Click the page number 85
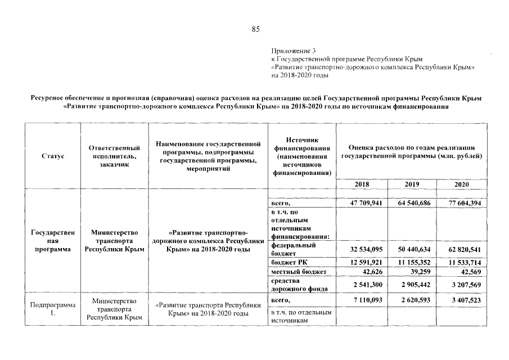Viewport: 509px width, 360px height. tap(255, 29)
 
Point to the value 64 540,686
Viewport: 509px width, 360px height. tap(415, 204)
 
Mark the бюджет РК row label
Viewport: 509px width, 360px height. tap(290, 263)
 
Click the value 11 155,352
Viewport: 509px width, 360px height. tap(415, 263)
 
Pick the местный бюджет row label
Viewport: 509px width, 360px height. tap(299, 272)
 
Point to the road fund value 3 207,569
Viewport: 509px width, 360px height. tap(466, 285)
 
